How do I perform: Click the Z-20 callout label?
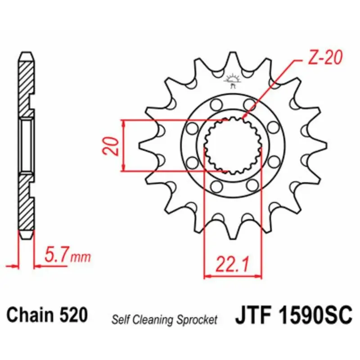tap(324, 58)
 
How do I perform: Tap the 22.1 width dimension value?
tap(232, 264)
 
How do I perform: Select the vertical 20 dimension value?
tap(111, 146)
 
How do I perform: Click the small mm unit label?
tap(81, 257)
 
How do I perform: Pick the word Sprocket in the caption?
tap(197, 320)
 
